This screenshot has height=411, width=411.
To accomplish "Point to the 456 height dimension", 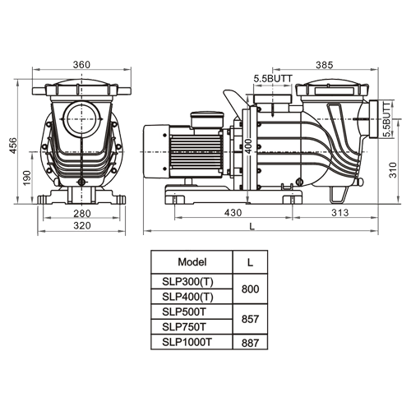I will (12, 145).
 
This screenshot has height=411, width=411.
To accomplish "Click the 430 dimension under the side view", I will (233, 213).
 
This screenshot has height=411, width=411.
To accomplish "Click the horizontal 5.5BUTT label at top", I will (272, 77).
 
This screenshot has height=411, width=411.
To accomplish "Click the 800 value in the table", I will (250, 289).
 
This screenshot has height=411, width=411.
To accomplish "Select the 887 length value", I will (250, 341).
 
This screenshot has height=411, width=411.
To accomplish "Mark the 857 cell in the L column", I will (250, 319).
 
